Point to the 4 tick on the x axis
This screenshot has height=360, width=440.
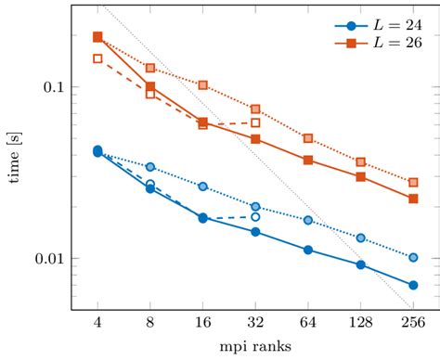[x=97, y=322]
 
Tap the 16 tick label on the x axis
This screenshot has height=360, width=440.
[x=202, y=322]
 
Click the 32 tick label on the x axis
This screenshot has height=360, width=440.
[x=255, y=322]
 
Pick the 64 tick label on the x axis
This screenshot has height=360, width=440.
[x=308, y=322]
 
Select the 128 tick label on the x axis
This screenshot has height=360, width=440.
[x=361, y=322]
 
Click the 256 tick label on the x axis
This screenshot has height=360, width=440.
[x=413, y=322]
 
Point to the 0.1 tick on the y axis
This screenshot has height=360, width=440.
[x=54, y=87]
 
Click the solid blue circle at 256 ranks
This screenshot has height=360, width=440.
[x=413, y=285]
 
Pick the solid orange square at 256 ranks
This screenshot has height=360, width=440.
[x=413, y=199]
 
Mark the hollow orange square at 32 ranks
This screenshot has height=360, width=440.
[x=255, y=122]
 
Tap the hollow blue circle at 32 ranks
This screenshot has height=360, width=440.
[x=255, y=217]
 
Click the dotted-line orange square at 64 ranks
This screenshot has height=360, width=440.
[x=308, y=138]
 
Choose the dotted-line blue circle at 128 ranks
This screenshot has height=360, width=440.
[x=361, y=238]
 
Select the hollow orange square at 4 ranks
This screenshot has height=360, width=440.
[x=97, y=58]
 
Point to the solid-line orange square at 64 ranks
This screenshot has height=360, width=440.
[x=308, y=161]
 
